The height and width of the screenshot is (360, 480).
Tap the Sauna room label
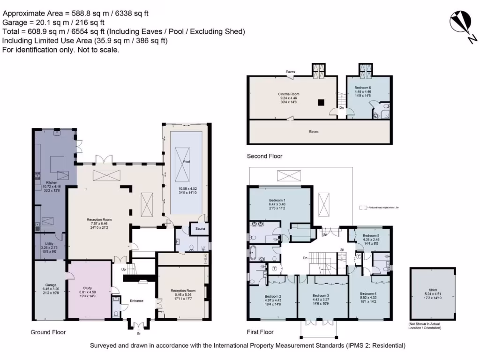pyautogui.click(x=199, y=229)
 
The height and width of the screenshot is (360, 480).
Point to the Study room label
pyautogui.click(x=87, y=288)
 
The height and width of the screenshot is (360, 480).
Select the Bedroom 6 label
pyautogui.click(x=362, y=88)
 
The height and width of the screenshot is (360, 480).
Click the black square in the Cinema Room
pyautogui.click(x=321, y=102)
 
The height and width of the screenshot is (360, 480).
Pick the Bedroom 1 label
pyautogui.click(x=278, y=200)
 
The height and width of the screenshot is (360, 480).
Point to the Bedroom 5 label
pyautogui.click(x=371, y=235)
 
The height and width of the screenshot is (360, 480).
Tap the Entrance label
pyautogui.click(x=136, y=300)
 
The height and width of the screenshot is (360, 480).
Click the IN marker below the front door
pyautogui.click(x=138, y=334)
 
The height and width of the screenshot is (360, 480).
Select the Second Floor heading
pyautogui.click(x=265, y=156)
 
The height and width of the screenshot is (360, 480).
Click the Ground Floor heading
pyautogui.click(x=48, y=332)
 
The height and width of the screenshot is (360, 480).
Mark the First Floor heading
pyautogui.click(x=260, y=332)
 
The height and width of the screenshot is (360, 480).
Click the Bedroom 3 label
pyautogui.click(x=321, y=296)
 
